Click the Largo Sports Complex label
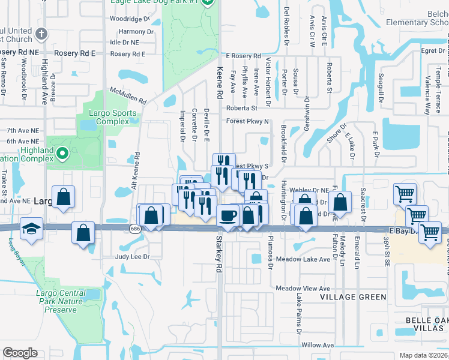109,116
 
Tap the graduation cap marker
31,229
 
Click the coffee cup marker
228,215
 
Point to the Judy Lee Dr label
131,256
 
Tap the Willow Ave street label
318,345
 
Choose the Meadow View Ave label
303,289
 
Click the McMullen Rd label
128,95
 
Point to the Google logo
20,353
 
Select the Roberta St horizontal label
241,108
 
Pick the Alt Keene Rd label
137,171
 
